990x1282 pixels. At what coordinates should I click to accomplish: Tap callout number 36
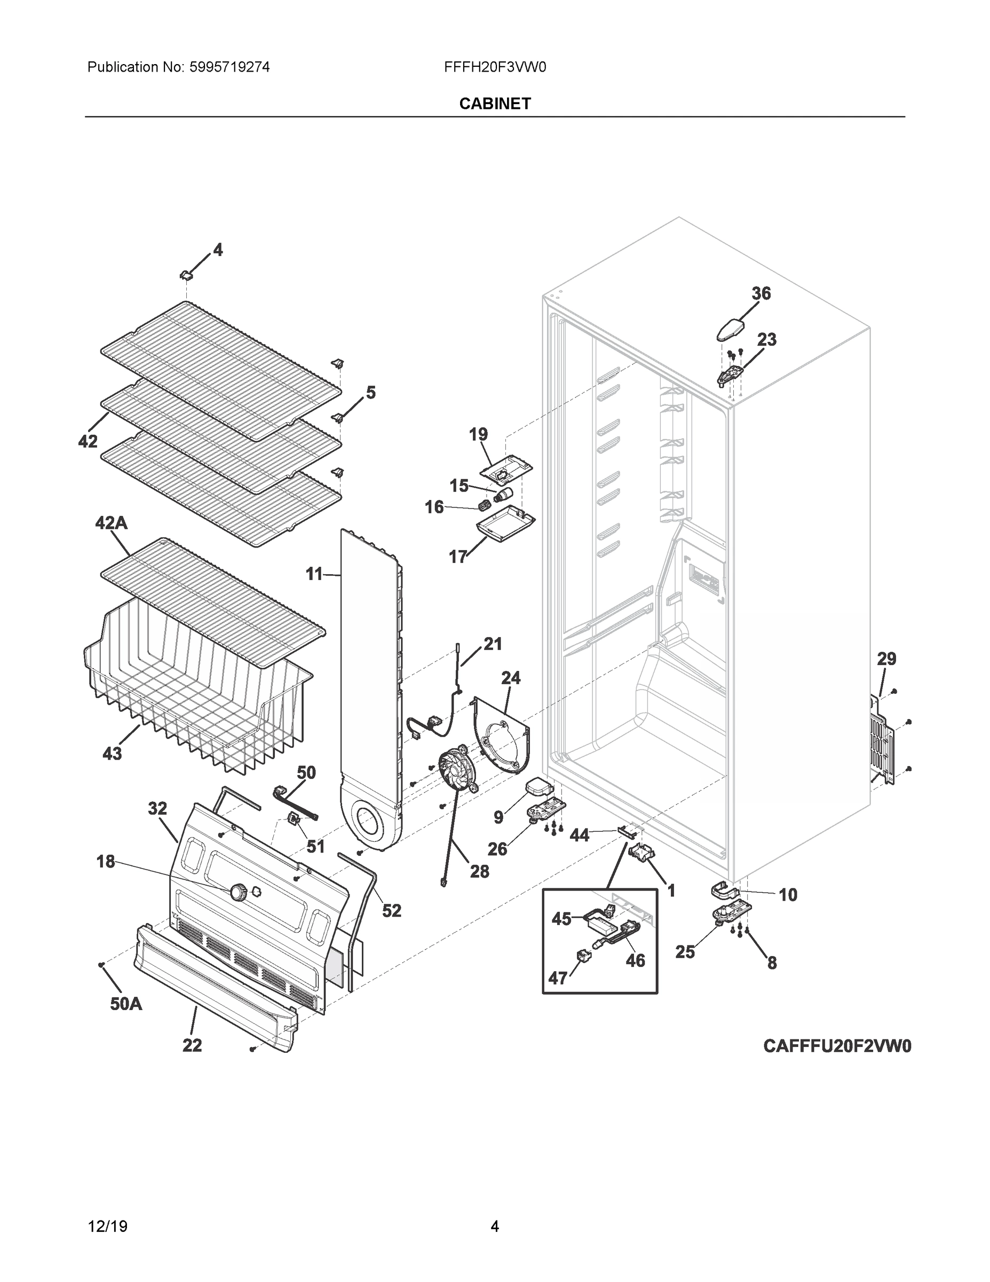click(x=761, y=293)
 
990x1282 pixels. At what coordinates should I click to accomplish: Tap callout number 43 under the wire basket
click(x=112, y=753)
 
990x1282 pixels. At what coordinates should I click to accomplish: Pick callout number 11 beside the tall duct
click(x=314, y=574)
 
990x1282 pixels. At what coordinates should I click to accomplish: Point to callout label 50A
click(x=126, y=1004)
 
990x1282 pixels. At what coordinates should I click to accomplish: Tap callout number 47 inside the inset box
click(x=557, y=978)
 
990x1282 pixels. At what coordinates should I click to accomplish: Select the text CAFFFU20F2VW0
click(x=837, y=1045)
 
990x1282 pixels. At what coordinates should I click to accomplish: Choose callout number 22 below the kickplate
click(x=192, y=1045)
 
